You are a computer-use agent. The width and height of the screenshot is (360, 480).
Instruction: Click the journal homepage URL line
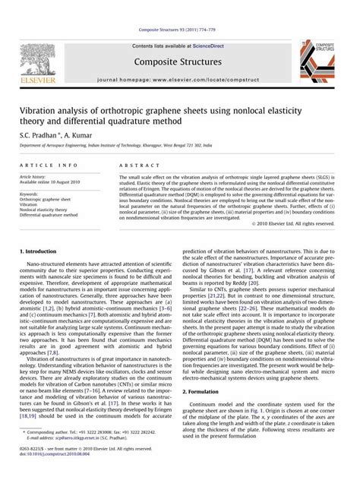(180, 79)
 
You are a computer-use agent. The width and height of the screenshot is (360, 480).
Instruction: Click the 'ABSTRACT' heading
(136, 165)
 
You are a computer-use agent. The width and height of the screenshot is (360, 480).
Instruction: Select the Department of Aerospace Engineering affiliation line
(115, 144)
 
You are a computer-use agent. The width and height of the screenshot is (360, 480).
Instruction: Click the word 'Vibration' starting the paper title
(39, 110)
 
